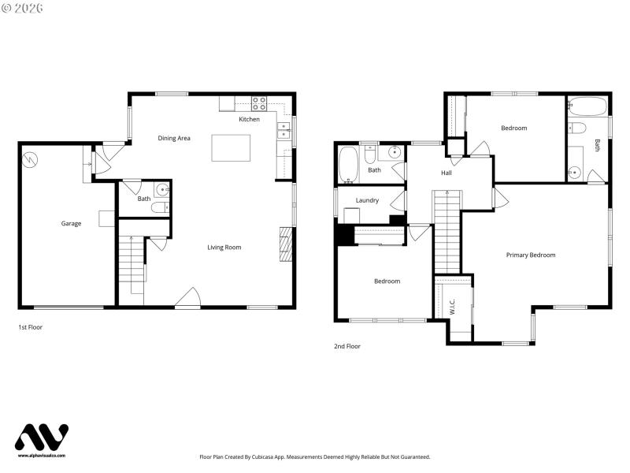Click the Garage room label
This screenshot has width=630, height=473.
pos(71,224)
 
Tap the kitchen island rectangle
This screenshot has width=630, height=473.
pos(231,147)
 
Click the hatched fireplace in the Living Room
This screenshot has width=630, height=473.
pos(286,244)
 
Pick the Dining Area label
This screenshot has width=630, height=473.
pos(174,139)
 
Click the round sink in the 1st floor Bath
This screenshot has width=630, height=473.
pos(161,189)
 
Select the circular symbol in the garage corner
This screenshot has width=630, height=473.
pos(30,158)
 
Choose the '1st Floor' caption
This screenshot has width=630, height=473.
pos(30,326)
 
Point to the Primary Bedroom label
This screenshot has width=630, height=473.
pos(530,255)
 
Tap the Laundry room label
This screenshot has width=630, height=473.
pos(367,200)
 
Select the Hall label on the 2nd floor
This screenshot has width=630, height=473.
pos(446,173)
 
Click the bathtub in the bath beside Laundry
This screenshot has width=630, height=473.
pos(348,165)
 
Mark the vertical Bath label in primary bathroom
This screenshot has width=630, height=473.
pos(597,145)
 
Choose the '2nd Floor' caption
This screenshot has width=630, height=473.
pos(347,346)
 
